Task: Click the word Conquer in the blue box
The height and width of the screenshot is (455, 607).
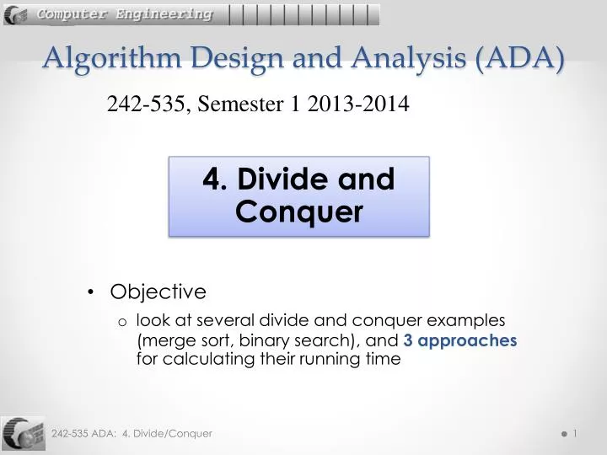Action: [x=299, y=211]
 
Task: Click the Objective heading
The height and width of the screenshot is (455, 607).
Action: [x=158, y=292]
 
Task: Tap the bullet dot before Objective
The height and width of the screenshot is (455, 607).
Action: [x=90, y=292]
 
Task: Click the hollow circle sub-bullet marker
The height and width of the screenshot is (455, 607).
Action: [x=122, y=321]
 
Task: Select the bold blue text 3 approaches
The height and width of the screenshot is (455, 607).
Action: [x=459, y=340]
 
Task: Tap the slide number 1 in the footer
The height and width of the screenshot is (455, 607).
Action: [x=574, y=433]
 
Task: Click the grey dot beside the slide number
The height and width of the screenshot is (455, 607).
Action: [x=562, y=434]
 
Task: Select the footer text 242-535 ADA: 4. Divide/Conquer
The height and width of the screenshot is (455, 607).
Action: [x=132, y=433]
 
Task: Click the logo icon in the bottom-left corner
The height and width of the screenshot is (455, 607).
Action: [x=23, y=433]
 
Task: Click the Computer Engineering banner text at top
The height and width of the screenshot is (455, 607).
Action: [x=124, y=14]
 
